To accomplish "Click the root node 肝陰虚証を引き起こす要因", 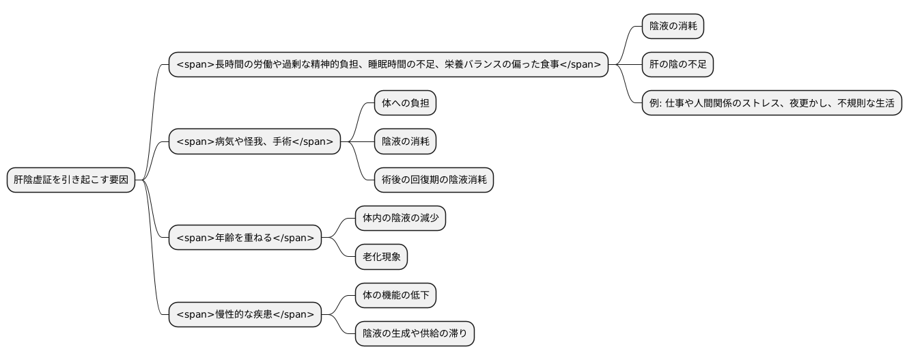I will [71, 180].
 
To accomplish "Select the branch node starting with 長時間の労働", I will [388, 65].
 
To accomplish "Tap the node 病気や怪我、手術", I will [254, 142].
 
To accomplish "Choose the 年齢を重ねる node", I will [244, 238].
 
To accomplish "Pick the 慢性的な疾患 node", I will [244, 314].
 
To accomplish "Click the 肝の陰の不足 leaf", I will [677, 65].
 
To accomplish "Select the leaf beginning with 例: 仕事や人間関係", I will [772, 103].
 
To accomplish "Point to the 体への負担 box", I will [405, 103].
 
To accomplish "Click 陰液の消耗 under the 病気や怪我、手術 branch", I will [405, 142].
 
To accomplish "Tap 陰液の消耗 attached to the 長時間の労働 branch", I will [673, 27].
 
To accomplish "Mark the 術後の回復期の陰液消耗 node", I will [434, 180].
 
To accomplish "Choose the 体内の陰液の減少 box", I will [400, 219].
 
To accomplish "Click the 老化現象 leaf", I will [381, 257].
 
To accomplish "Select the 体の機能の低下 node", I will [395, 295].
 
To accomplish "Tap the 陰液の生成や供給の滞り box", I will [415, 334].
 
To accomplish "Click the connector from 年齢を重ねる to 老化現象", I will [339, 249].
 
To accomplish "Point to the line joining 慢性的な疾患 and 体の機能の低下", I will [339, 303].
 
